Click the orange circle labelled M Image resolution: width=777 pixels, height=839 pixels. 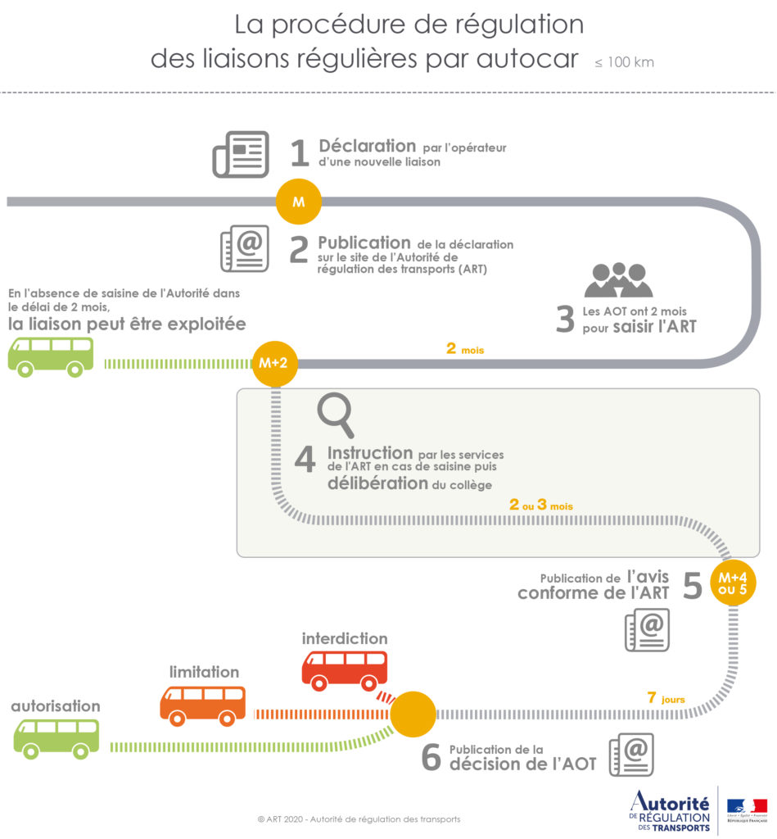[299, 202]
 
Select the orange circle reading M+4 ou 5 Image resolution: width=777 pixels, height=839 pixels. [732, 582]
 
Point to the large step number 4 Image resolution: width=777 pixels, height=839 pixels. [305, 460]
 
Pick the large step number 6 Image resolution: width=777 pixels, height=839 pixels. [431, 758]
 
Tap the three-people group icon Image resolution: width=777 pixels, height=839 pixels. [618, 280]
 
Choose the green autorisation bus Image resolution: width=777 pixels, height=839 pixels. [56, 737]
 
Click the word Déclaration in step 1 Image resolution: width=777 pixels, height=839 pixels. [368, 146]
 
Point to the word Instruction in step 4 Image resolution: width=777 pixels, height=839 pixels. [370, 452]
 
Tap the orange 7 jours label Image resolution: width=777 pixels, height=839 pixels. [666, 699]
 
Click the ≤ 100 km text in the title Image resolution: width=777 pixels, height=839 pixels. [625, 62]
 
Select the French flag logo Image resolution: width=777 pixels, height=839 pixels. [747, 806]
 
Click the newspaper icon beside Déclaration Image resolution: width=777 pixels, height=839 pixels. [241, 153]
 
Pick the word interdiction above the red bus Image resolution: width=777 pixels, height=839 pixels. [345, 637]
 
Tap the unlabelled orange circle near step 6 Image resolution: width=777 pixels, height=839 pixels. [412, 714]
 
